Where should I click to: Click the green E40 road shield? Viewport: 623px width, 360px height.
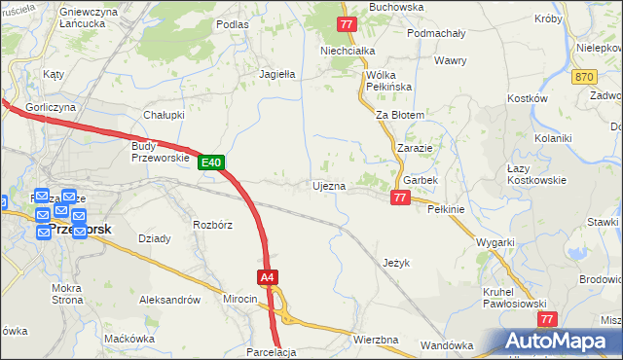[214, 162]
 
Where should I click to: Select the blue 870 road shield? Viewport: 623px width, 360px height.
[584, 77]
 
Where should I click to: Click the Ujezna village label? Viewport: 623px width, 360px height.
[328, 186]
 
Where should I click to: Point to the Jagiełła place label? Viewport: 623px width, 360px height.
[276, 73]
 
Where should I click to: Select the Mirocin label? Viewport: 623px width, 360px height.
[239, 300]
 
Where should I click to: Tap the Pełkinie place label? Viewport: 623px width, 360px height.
[447, 209]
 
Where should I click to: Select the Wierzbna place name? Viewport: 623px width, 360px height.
[376, 340]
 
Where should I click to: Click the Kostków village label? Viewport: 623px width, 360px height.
[529, 98]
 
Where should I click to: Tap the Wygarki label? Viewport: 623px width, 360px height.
[495, 242]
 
